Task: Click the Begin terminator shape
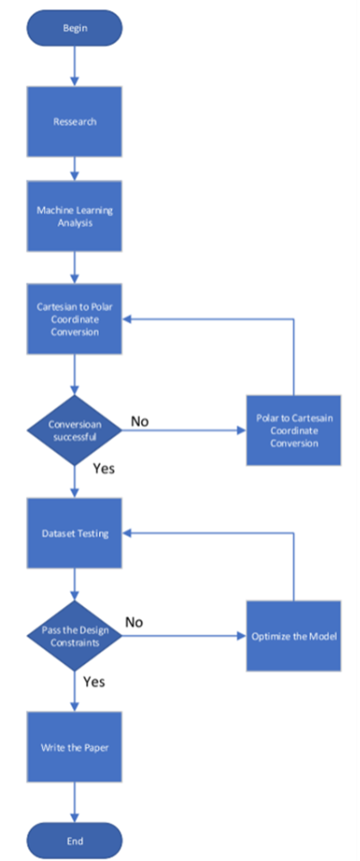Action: tap(75, 28)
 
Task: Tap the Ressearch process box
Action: tap(75, 121)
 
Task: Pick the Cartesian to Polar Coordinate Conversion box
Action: tap(75, 319)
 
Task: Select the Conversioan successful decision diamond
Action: tap(75, 430)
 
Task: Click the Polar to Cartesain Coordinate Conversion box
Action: tap(295, 430)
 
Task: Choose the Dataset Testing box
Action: tap(75, 534)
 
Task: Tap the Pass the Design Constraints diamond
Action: tap(75, 635)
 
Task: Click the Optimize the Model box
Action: tap(295, 635)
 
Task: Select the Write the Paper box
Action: tap(75, 746)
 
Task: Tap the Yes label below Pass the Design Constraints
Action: tap(94, 681)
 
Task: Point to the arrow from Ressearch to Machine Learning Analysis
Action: tap(75, 168)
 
